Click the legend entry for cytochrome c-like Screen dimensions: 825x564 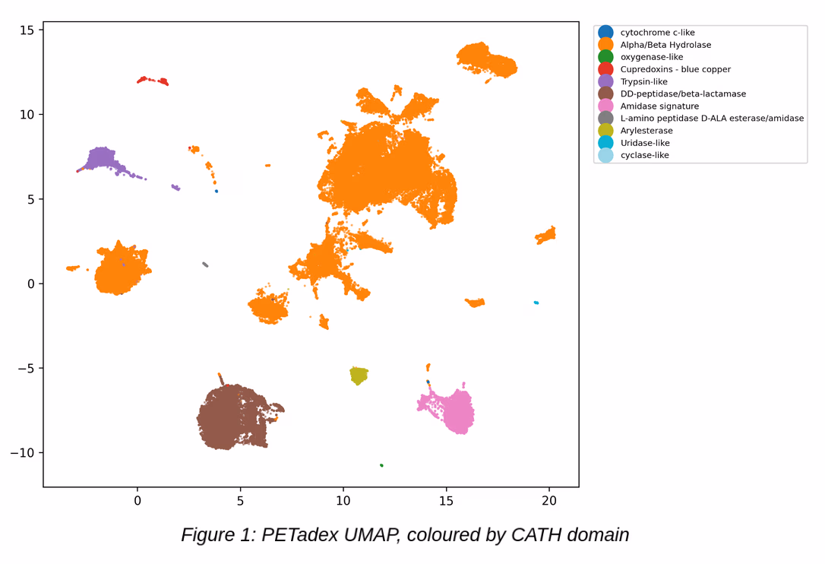[x=657, y=33]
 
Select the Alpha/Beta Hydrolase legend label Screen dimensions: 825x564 [x=665, y=45]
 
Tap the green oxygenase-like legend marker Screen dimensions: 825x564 [x=605, y=57]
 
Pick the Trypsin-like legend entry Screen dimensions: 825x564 [x=643, y=81]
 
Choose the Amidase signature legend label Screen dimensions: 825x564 [x=659, y=106]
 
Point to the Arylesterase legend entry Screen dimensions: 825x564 [x=646, y=131]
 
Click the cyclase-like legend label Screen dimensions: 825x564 [x=644, y=155]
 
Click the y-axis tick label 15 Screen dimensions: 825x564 [x=27, y=30]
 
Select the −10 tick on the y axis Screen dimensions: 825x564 [x=22, y=452]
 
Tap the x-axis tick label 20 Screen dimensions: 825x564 [x=548, y=501]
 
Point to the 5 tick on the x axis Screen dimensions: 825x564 [x=240, y=501]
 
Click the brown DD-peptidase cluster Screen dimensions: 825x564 [x=234, y=417]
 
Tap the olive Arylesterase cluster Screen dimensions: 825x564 [x=359, y=375]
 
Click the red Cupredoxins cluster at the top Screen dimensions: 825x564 [x=153, y=81]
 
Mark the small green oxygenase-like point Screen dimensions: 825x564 [x=381, y=465]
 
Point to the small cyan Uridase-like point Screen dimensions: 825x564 [x=536, y=303]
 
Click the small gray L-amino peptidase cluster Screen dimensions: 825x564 [x=205, y=265]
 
